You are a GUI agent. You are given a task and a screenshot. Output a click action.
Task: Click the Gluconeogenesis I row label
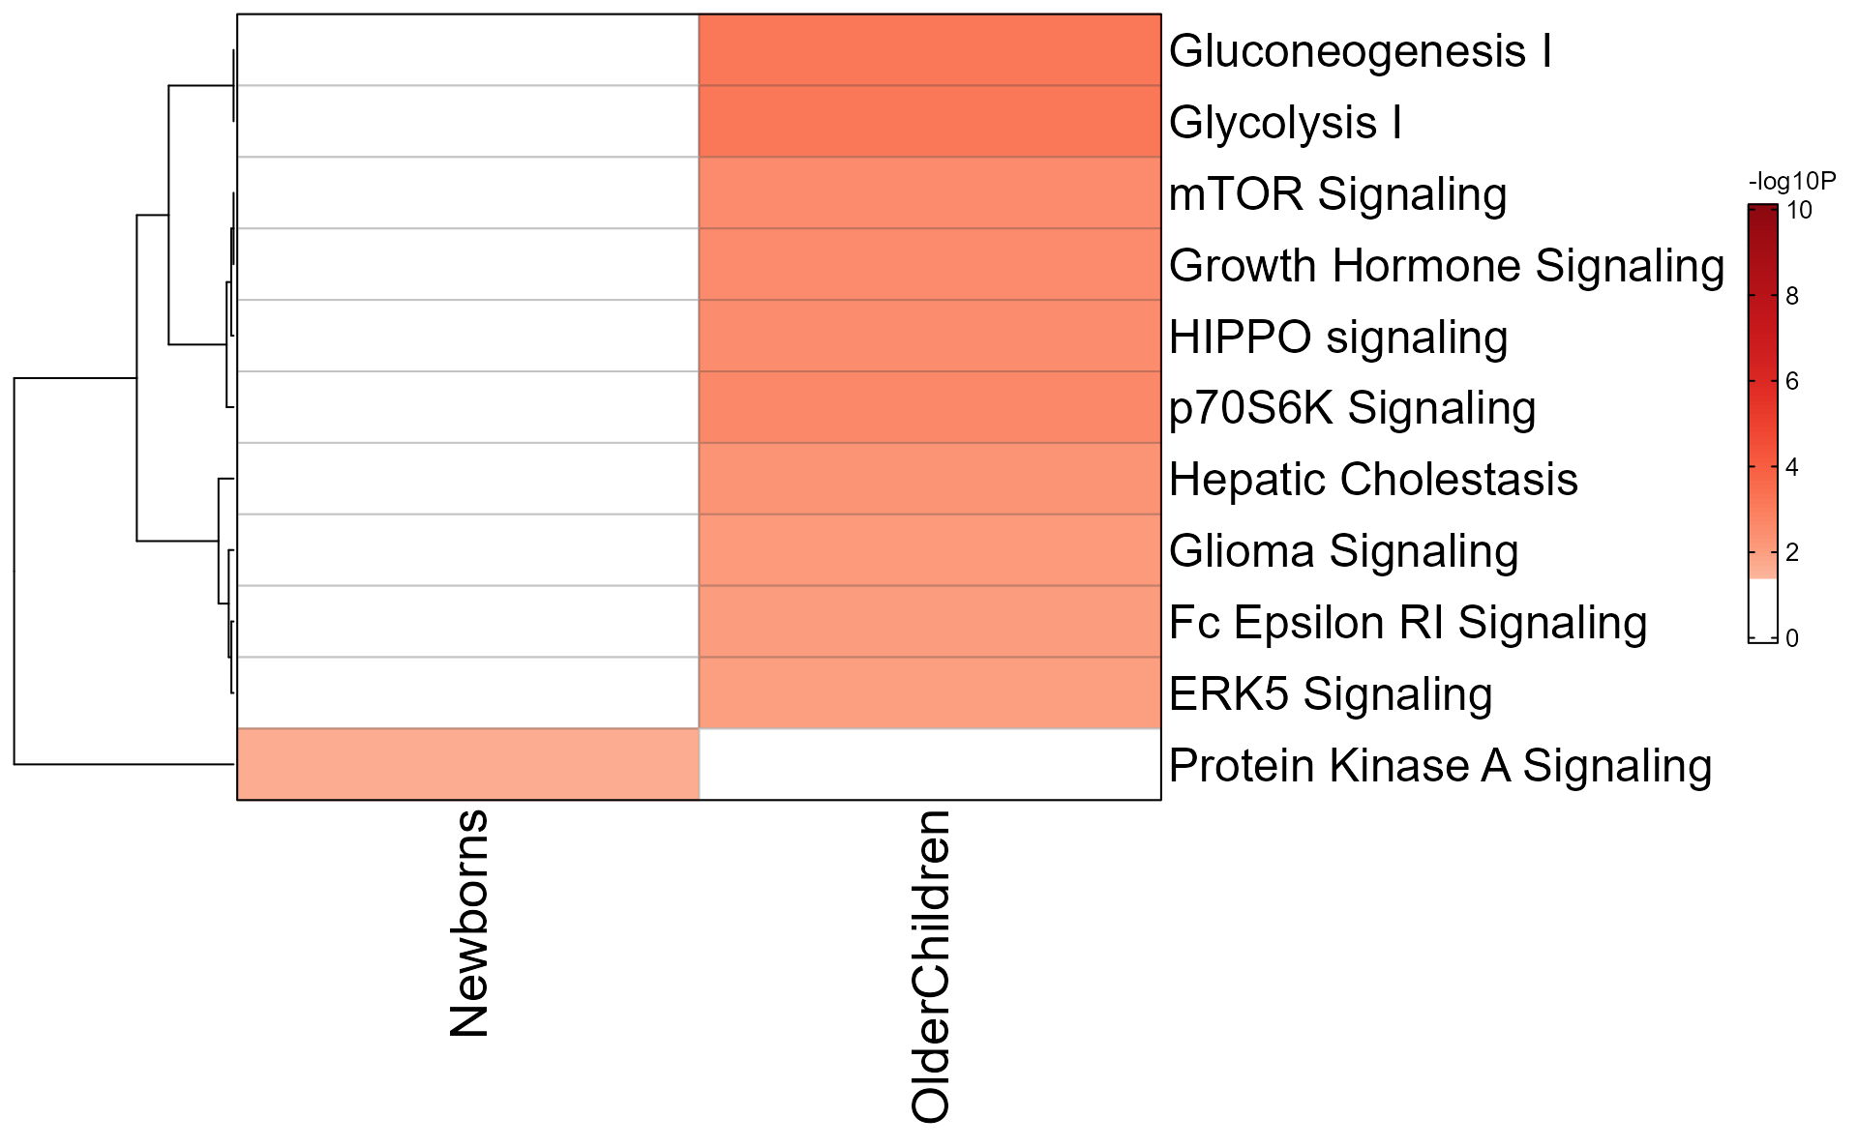click(x=1360, y=51)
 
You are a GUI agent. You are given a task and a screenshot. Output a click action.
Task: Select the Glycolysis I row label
click(x=1285, y=123)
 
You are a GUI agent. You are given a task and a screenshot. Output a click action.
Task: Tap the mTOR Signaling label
click(x=1337, y=194)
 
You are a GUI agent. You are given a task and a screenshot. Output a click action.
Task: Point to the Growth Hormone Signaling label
click(x=1446, y=266)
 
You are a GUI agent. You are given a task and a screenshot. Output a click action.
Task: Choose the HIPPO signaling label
click(x=1337, y=338)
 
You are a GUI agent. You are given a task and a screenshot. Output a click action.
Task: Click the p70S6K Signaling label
click(x=1352, y=408)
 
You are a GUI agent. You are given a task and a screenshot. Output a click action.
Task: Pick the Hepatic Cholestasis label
click(x=1372, y=480)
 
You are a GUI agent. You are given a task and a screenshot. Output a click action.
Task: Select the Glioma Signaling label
click(x=1343, y=551)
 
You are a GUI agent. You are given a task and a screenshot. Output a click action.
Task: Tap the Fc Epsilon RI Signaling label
click(x=1407, y=623)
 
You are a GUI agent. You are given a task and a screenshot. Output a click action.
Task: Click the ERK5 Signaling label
click(x=1330, y=694)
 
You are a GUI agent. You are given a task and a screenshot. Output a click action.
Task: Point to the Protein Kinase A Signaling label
click(x=1440, y=766)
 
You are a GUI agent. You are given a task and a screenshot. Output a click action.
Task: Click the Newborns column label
click(x=470, y=923)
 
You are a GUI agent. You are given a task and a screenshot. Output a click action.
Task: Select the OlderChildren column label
click(x=931, y=966)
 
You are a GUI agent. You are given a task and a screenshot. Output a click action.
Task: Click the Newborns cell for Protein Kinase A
click(x=467, y=764)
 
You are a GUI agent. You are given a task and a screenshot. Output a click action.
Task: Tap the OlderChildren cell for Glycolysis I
click(x=929, y=122)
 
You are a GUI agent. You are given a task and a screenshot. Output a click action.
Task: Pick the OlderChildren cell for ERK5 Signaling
click(x=929, y=693)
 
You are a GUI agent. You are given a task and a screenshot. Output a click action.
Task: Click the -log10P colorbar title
click(x=1791, y=182)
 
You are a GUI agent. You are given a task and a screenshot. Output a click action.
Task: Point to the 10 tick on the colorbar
click(x=1799, y=211)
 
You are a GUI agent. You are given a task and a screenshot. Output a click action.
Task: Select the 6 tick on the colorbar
click(x=1791, y=382)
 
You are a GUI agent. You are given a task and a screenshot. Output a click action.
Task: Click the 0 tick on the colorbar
click(x=1791, y=638)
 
